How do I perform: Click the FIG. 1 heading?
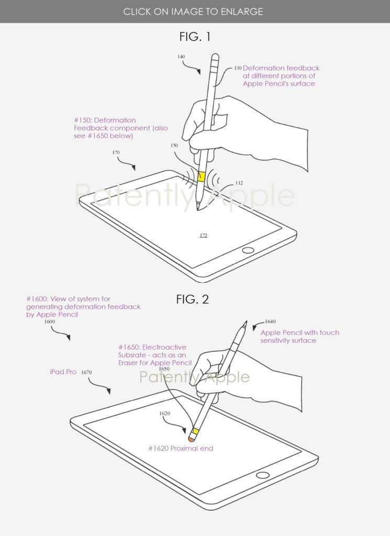(195, 37)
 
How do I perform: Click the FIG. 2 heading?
(193, 299)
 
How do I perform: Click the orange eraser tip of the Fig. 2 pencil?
(192, 437)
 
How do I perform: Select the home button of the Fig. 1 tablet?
(248, 250)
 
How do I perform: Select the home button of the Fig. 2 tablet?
(262, 475)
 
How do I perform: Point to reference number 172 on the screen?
(203, 235)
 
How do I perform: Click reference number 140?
(181, 57)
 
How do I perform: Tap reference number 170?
(116, 152)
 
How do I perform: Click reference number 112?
(239, 183)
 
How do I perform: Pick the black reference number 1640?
(270, 321)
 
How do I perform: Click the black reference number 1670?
(86, 372)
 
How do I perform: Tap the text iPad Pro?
(63, 372)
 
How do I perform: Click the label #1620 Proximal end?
(181, 448)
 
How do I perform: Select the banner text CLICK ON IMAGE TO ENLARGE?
(193, 12)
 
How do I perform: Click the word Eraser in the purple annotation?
(129, 363)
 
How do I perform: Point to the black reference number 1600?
(50, 322)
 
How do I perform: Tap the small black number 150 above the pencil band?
(174, 146)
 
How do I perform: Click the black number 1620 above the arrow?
(165, 414)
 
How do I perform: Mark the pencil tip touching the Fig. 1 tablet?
(198, 209)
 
